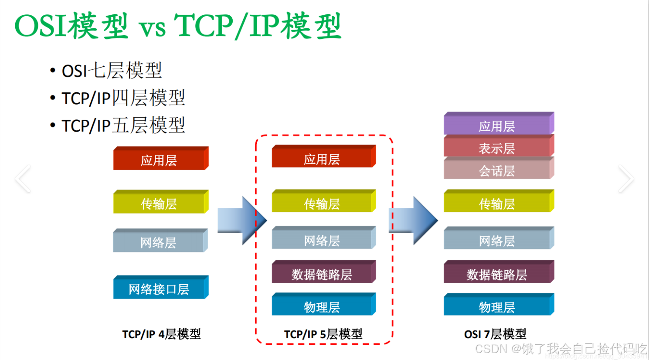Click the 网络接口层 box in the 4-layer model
coord(159,289)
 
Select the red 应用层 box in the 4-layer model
coord(159,160)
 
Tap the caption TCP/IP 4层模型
coord(161,334)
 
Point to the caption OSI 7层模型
coord(495,334)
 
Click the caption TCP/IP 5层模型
coord(323,334)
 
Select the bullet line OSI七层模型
coord(112,71)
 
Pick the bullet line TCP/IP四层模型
coord(123,98)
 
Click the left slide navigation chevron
coord(23,179)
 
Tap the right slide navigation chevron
coord(626,179)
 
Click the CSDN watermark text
coord(561,349)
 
